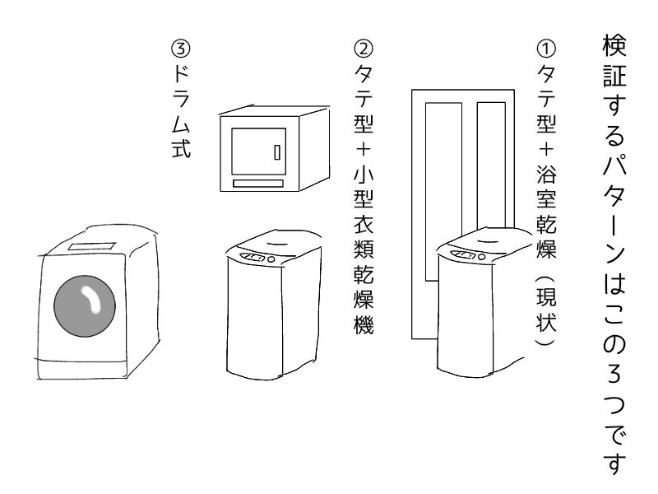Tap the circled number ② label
[361, 47]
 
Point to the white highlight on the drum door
[90, 301]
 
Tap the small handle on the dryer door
[277, 152]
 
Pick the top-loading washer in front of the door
[479, 313]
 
